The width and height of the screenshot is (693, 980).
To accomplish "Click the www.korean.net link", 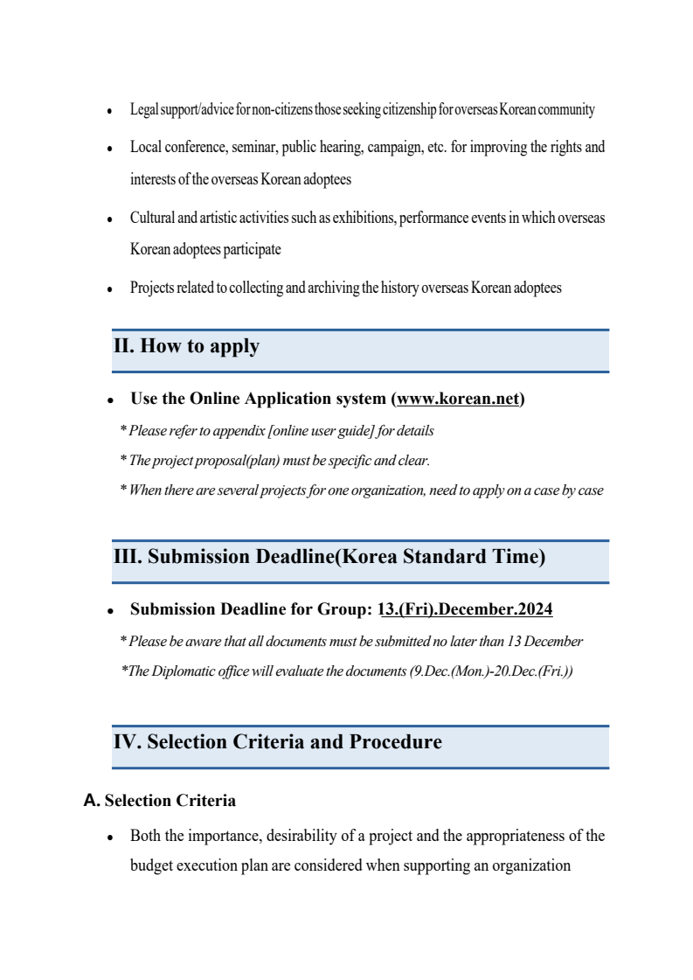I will pos(458,399).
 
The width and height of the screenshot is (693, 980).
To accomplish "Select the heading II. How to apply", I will pos(186,346).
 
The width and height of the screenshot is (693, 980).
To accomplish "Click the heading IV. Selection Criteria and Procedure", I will pos(277,742).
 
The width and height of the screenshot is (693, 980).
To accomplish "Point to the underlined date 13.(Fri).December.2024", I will pos(467,609).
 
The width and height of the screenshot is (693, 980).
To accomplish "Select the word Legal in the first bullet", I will pos(143,110).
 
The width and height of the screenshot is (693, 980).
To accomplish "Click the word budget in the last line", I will pos(152,866).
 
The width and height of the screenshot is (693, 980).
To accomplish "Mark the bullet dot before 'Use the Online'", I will pos(110,400).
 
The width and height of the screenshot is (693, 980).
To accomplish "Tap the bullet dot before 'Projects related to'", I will pos(110,288).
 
